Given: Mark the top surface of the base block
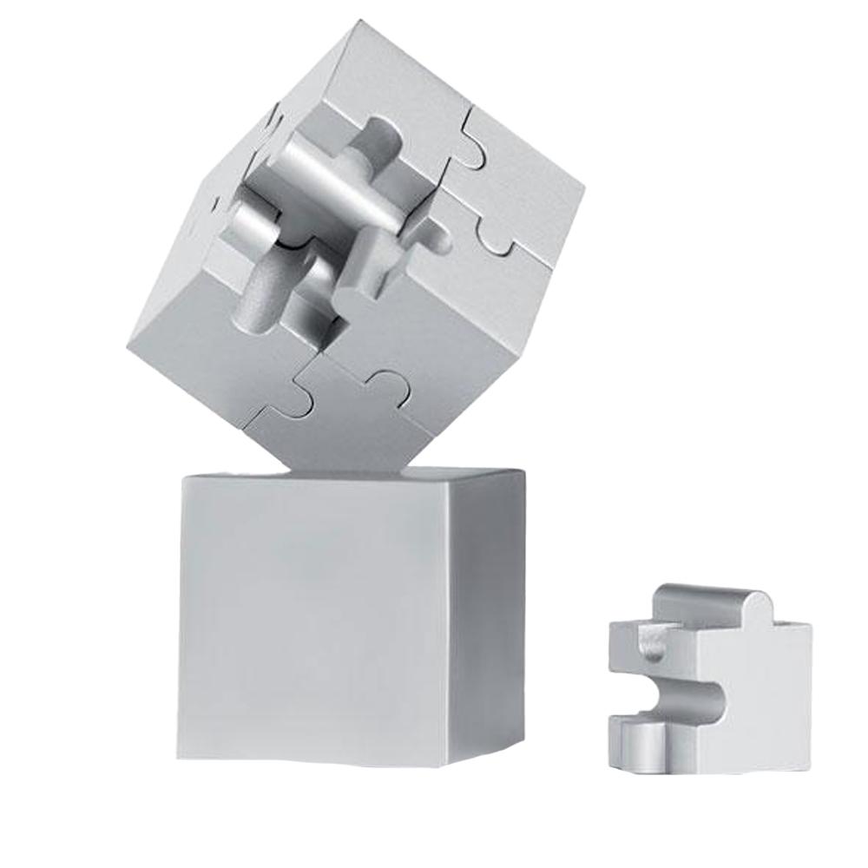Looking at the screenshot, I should (x=347, y=474).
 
